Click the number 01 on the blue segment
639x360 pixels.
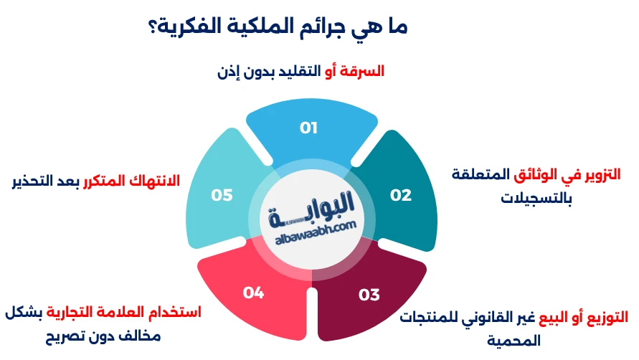click(x=309, y=128)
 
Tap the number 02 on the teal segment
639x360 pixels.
click(x=400, y=195)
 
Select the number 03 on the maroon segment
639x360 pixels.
click(x=369, y=294)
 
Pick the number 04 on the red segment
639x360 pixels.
click(x=254, y=292)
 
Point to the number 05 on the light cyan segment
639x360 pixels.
click(x=222, y=195)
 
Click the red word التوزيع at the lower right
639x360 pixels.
click(x=605, y=316)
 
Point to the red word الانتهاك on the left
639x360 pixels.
click(x=156, y=179)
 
